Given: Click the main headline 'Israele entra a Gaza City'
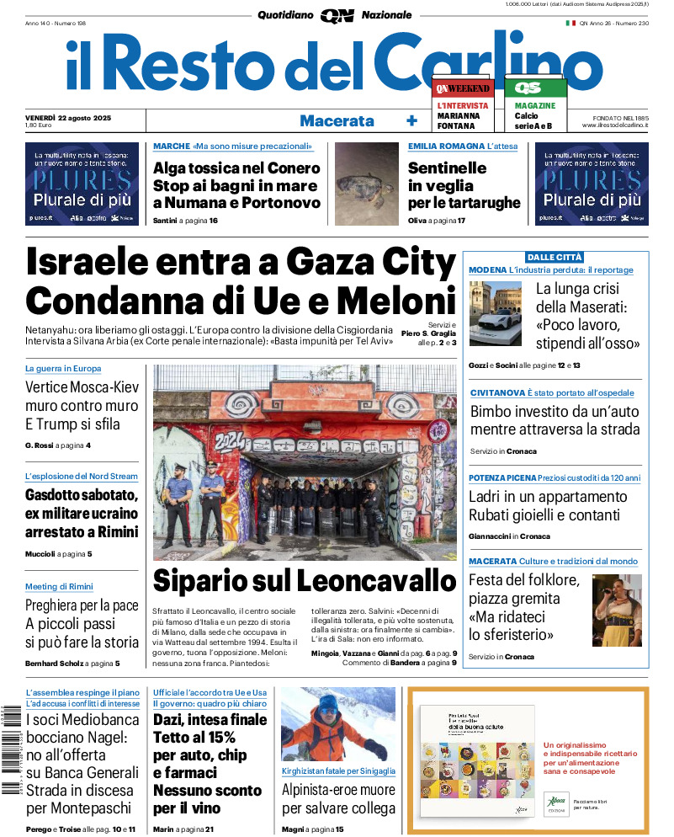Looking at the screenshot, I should (x=241, y=264).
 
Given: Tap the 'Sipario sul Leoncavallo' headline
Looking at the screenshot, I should (x=304, y=581).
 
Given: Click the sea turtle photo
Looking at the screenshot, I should (x=365, y=185).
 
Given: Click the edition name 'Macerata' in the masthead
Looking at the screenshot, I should (x=337, y=120).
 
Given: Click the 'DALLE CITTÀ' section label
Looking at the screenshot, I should (x=555, y=257).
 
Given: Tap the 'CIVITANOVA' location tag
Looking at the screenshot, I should (x=496, y=393).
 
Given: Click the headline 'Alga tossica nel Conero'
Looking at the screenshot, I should (x=236, y=168).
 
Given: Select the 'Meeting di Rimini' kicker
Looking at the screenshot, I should (x=59, y=586).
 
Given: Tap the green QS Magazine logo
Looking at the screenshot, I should (x=535, y=88).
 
